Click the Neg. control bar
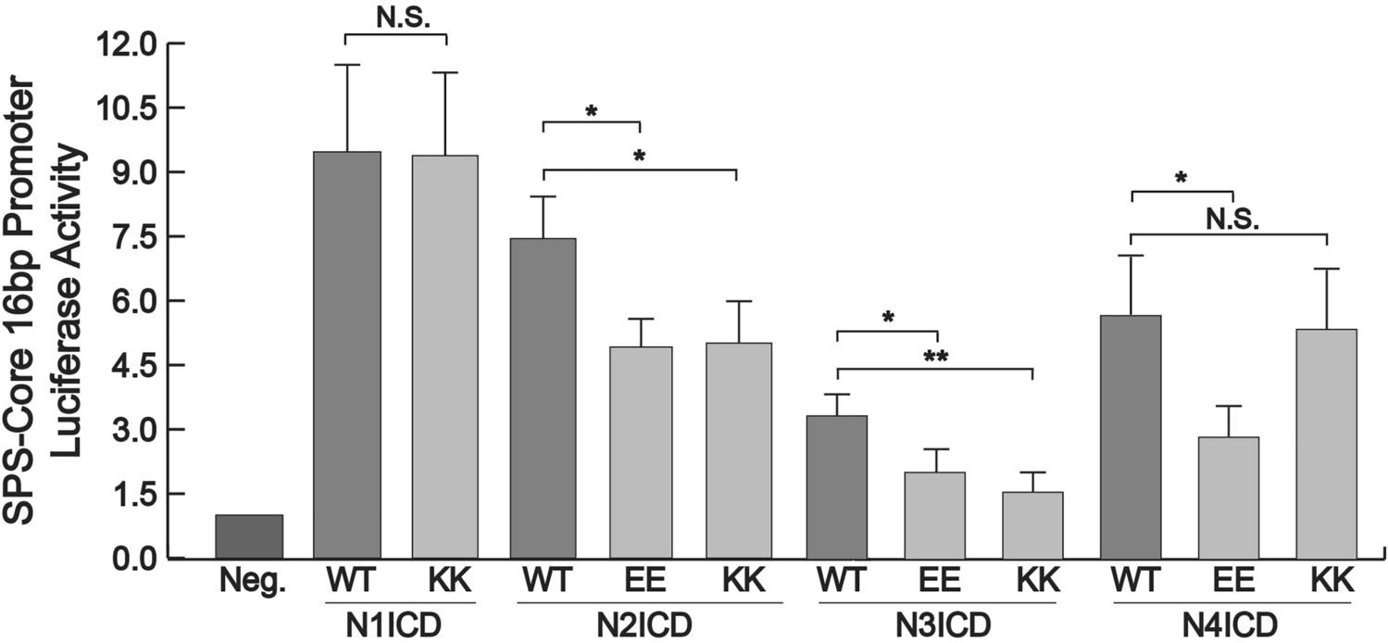pos(248,536)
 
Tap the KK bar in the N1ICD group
pos(444,357)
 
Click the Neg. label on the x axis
pos(248,586)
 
